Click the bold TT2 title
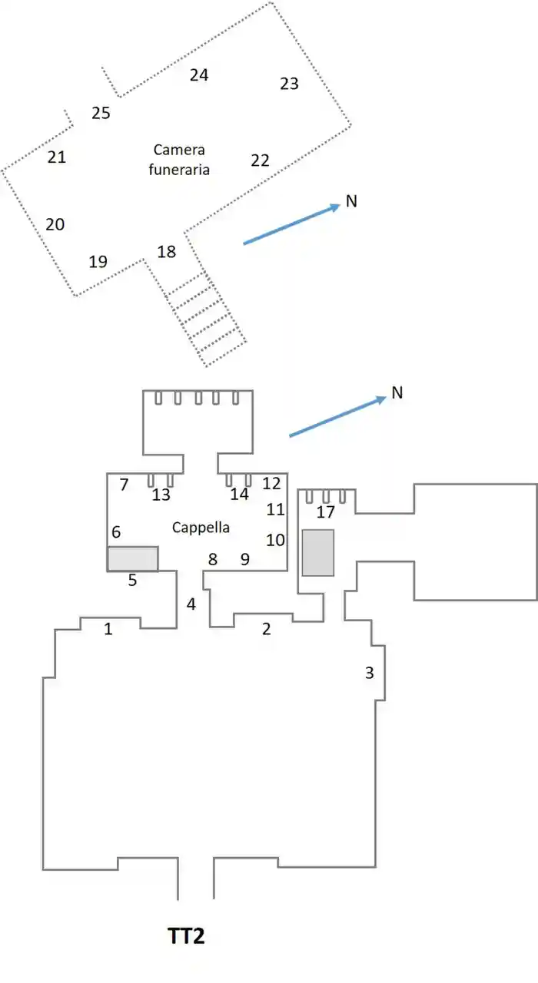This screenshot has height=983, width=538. (186, 936)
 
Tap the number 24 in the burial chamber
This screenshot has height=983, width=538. (199, 75)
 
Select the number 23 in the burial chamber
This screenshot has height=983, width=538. (290, 84)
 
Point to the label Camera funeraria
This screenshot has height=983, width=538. (179, 159)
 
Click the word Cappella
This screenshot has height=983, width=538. (201, 528)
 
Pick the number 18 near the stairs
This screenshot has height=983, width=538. (167, 252)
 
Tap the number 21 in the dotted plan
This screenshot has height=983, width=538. (57, 157)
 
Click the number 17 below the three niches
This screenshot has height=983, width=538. (325, 512)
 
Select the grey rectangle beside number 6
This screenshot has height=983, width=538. (133, 558)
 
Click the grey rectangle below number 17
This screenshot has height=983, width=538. (318, 553)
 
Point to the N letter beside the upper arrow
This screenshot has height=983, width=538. (351, 201)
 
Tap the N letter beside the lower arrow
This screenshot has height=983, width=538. (397, 392)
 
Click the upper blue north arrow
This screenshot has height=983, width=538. (292, 223)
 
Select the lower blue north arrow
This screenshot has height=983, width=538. (337, 416)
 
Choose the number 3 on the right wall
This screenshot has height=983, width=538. (370, 673)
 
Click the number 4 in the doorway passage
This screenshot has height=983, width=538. (191, 604)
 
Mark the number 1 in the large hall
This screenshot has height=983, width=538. (108, 629)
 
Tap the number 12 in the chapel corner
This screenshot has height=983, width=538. (271, 484)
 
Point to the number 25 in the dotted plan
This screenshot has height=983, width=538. (101, 113)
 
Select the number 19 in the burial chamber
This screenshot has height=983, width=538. (98, 262)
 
